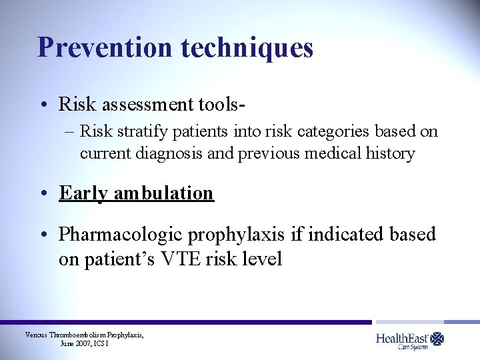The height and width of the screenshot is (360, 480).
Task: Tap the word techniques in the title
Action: [247, 47]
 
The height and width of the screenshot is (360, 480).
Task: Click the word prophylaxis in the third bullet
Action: [237, 235]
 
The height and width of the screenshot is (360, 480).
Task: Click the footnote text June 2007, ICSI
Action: [84, 343]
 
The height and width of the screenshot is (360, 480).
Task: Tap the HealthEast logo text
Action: [401, 339]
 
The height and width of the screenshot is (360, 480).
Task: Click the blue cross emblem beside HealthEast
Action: [437, 339]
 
